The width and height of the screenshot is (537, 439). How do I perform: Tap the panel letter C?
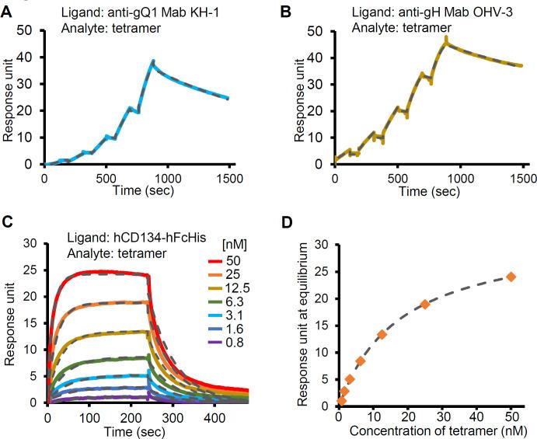(x=7, y=222)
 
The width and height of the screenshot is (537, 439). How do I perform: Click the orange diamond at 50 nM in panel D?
(x=511, y=277)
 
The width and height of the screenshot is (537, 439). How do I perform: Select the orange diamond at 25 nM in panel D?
(x=425, y=304)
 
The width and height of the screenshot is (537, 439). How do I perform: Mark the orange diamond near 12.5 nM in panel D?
(x=382, y=334)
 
